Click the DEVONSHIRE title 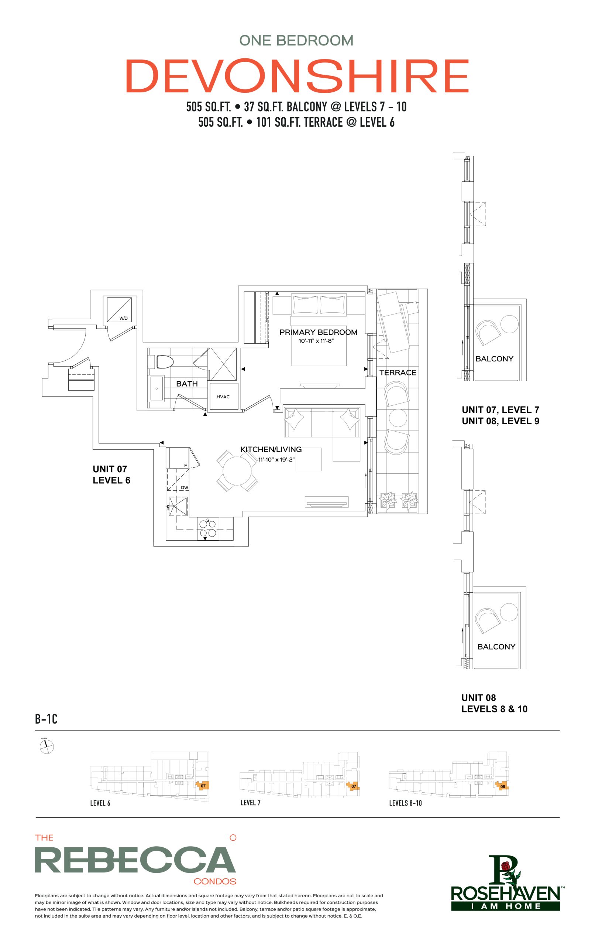coord(297,75)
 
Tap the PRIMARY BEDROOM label coord(318,332)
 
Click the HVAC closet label coord(223,397)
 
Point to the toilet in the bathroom coord(161,362)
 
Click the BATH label coord(187,384)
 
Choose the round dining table coord(237,471)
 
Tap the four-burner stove coord(207,528)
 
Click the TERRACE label coord(398,372)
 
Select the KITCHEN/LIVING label coord(271,449)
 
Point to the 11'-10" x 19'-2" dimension coord(276,459)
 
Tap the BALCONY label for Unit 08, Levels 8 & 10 coord(496,647)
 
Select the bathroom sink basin coord(157,388)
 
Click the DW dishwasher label coord(185,487)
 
